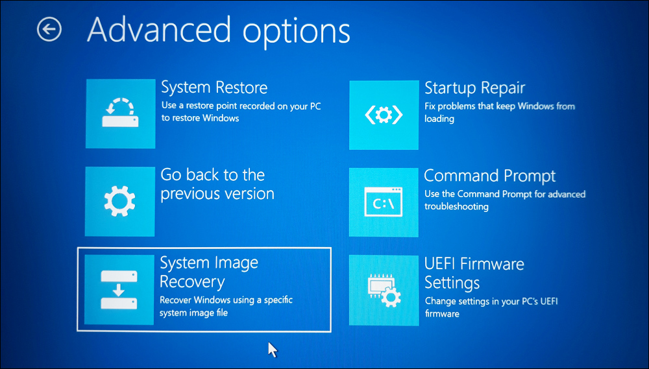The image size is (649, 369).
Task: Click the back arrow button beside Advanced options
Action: pos(49,29)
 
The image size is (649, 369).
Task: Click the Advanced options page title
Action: pos(218,30)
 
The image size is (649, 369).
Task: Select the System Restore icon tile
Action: pos(121,113)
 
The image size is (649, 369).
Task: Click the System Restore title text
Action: pos(214,88)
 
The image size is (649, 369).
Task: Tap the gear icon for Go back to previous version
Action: pos(120,202)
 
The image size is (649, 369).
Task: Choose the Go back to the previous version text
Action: pos(217,184)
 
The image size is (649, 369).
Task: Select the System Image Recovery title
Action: pos(208,272)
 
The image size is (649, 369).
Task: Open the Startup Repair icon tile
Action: pos(384,115)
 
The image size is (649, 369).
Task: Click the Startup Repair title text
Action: pos(474,88)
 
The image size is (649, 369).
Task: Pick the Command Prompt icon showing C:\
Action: pos(384,202)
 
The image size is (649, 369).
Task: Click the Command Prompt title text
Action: pos(489,176)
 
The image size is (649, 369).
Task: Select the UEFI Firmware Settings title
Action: pos(474,274)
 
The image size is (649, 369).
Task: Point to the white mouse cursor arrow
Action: pos(273,350)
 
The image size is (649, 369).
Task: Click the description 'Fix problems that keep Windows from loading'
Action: pos(499,113)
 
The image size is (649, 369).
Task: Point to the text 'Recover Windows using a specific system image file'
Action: pos(226,306)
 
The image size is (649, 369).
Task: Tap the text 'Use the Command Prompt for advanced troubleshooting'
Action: pos(504,200)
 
